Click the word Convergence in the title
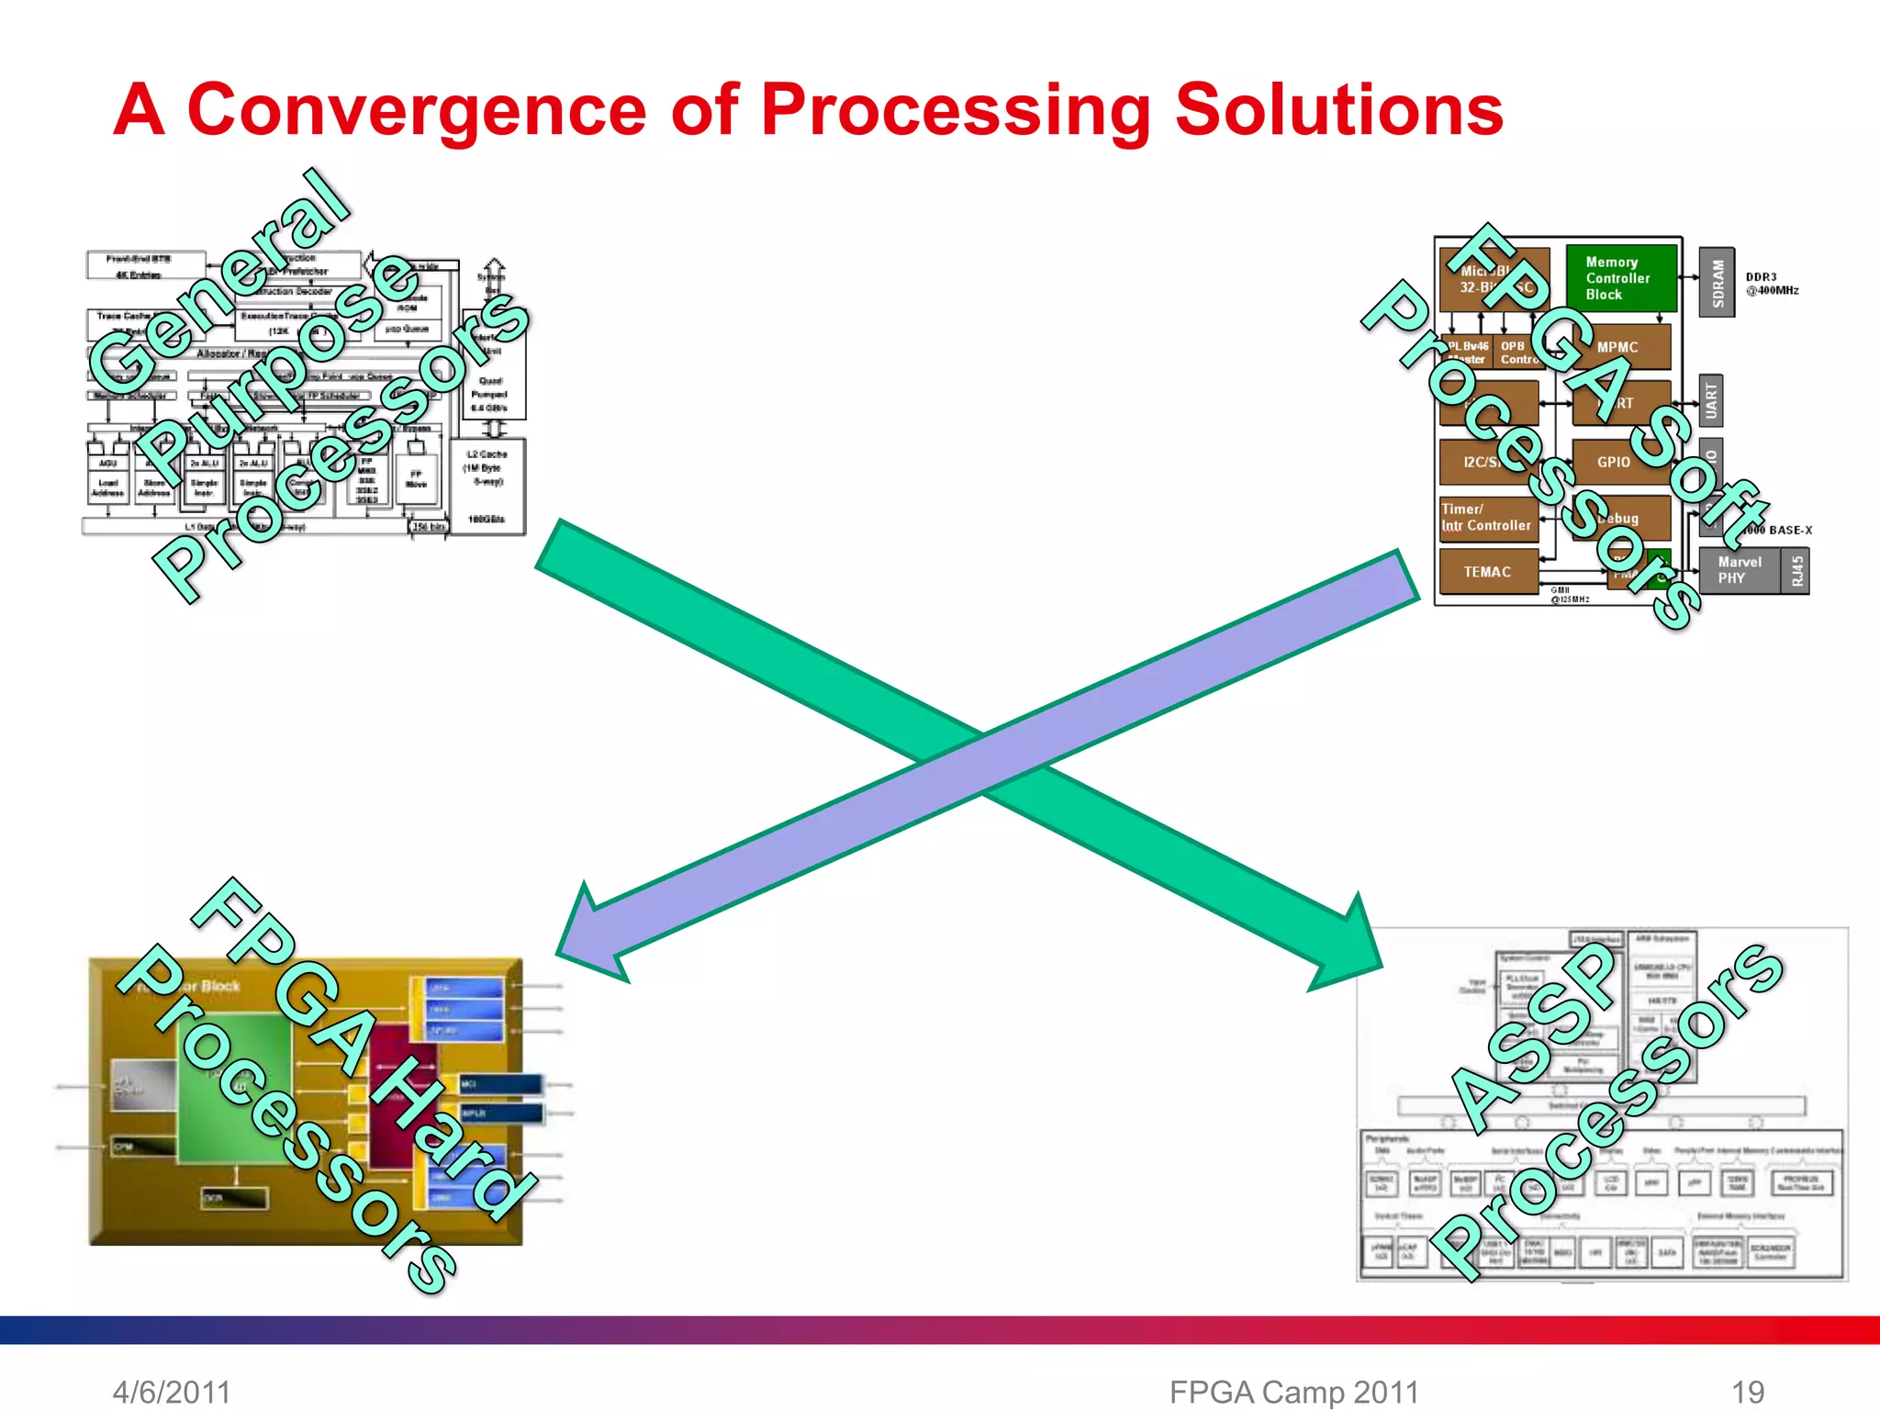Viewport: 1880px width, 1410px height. (417, 110)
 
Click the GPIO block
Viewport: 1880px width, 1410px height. (1614, 462)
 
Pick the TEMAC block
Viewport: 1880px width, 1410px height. (1487, 572)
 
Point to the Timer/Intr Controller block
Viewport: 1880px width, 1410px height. (1487, 517)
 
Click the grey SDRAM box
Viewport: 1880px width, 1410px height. (1717, 283)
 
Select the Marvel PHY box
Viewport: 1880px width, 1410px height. (1740, 570)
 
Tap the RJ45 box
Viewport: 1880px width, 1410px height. (1796, 571)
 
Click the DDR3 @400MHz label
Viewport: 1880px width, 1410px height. (1772, 284)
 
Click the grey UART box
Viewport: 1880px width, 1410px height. (1710, 401)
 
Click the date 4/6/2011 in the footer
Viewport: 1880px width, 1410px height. (172, 1392)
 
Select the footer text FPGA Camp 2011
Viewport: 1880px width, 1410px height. (1294, 1392)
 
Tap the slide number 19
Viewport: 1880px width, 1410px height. (1748, 1392)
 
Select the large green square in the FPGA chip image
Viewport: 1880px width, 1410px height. (234, 1088)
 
